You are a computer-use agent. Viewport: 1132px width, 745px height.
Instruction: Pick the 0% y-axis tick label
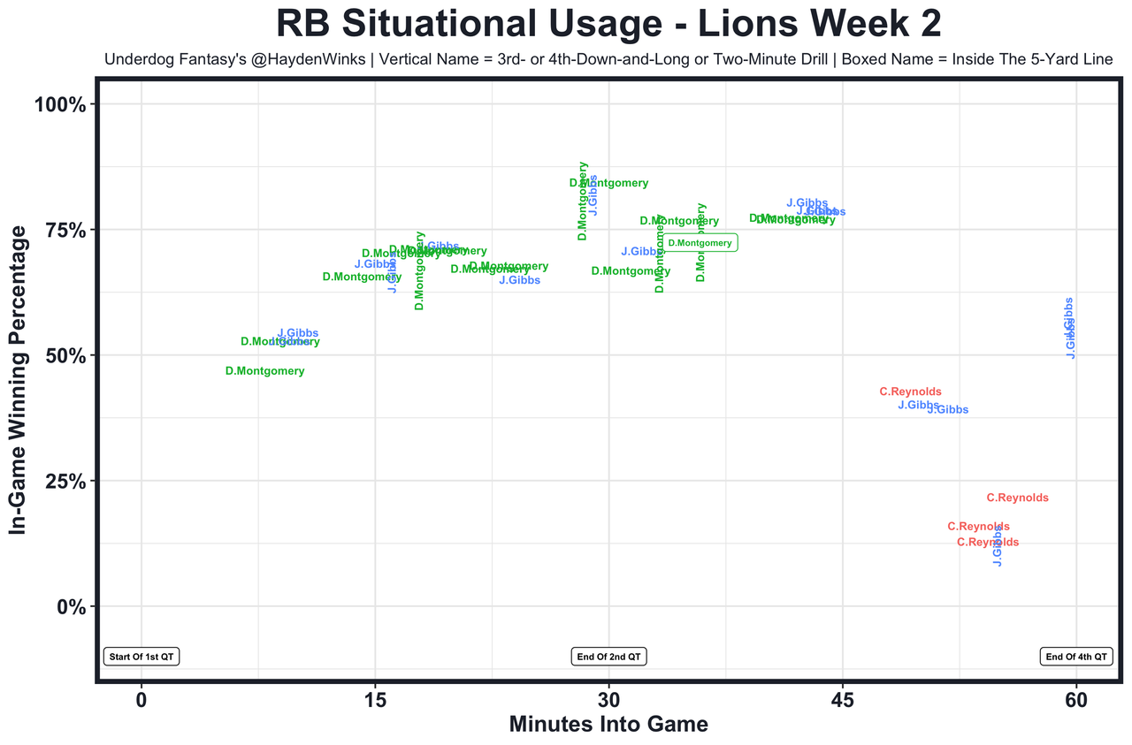click(x=69, y=606)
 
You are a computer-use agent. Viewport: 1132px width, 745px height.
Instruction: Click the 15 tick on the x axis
click(x=375, y=701)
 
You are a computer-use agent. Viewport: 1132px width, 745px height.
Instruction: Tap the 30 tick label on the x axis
click(x=608, y=701)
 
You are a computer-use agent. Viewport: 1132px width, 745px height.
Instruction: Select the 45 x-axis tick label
click(x=843, y=701)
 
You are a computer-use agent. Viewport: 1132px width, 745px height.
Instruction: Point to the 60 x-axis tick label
click(x=1076, y=701)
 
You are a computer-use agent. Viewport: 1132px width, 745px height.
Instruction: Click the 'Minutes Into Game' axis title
click(x=608, y=725)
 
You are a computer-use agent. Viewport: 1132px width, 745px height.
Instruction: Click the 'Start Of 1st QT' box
click(x=141, y=657)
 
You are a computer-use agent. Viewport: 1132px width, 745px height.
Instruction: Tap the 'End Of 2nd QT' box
click(x=609, y=657)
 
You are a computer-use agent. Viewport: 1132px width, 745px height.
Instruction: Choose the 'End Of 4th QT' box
click(x=1076, y=657)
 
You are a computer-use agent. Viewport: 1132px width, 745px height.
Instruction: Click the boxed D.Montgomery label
click(x=700, y=243)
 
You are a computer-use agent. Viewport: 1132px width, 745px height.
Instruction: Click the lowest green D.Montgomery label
click(x=264, y=371)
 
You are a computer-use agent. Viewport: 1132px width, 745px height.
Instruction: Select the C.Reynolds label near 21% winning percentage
click(x=1017, y=498)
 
